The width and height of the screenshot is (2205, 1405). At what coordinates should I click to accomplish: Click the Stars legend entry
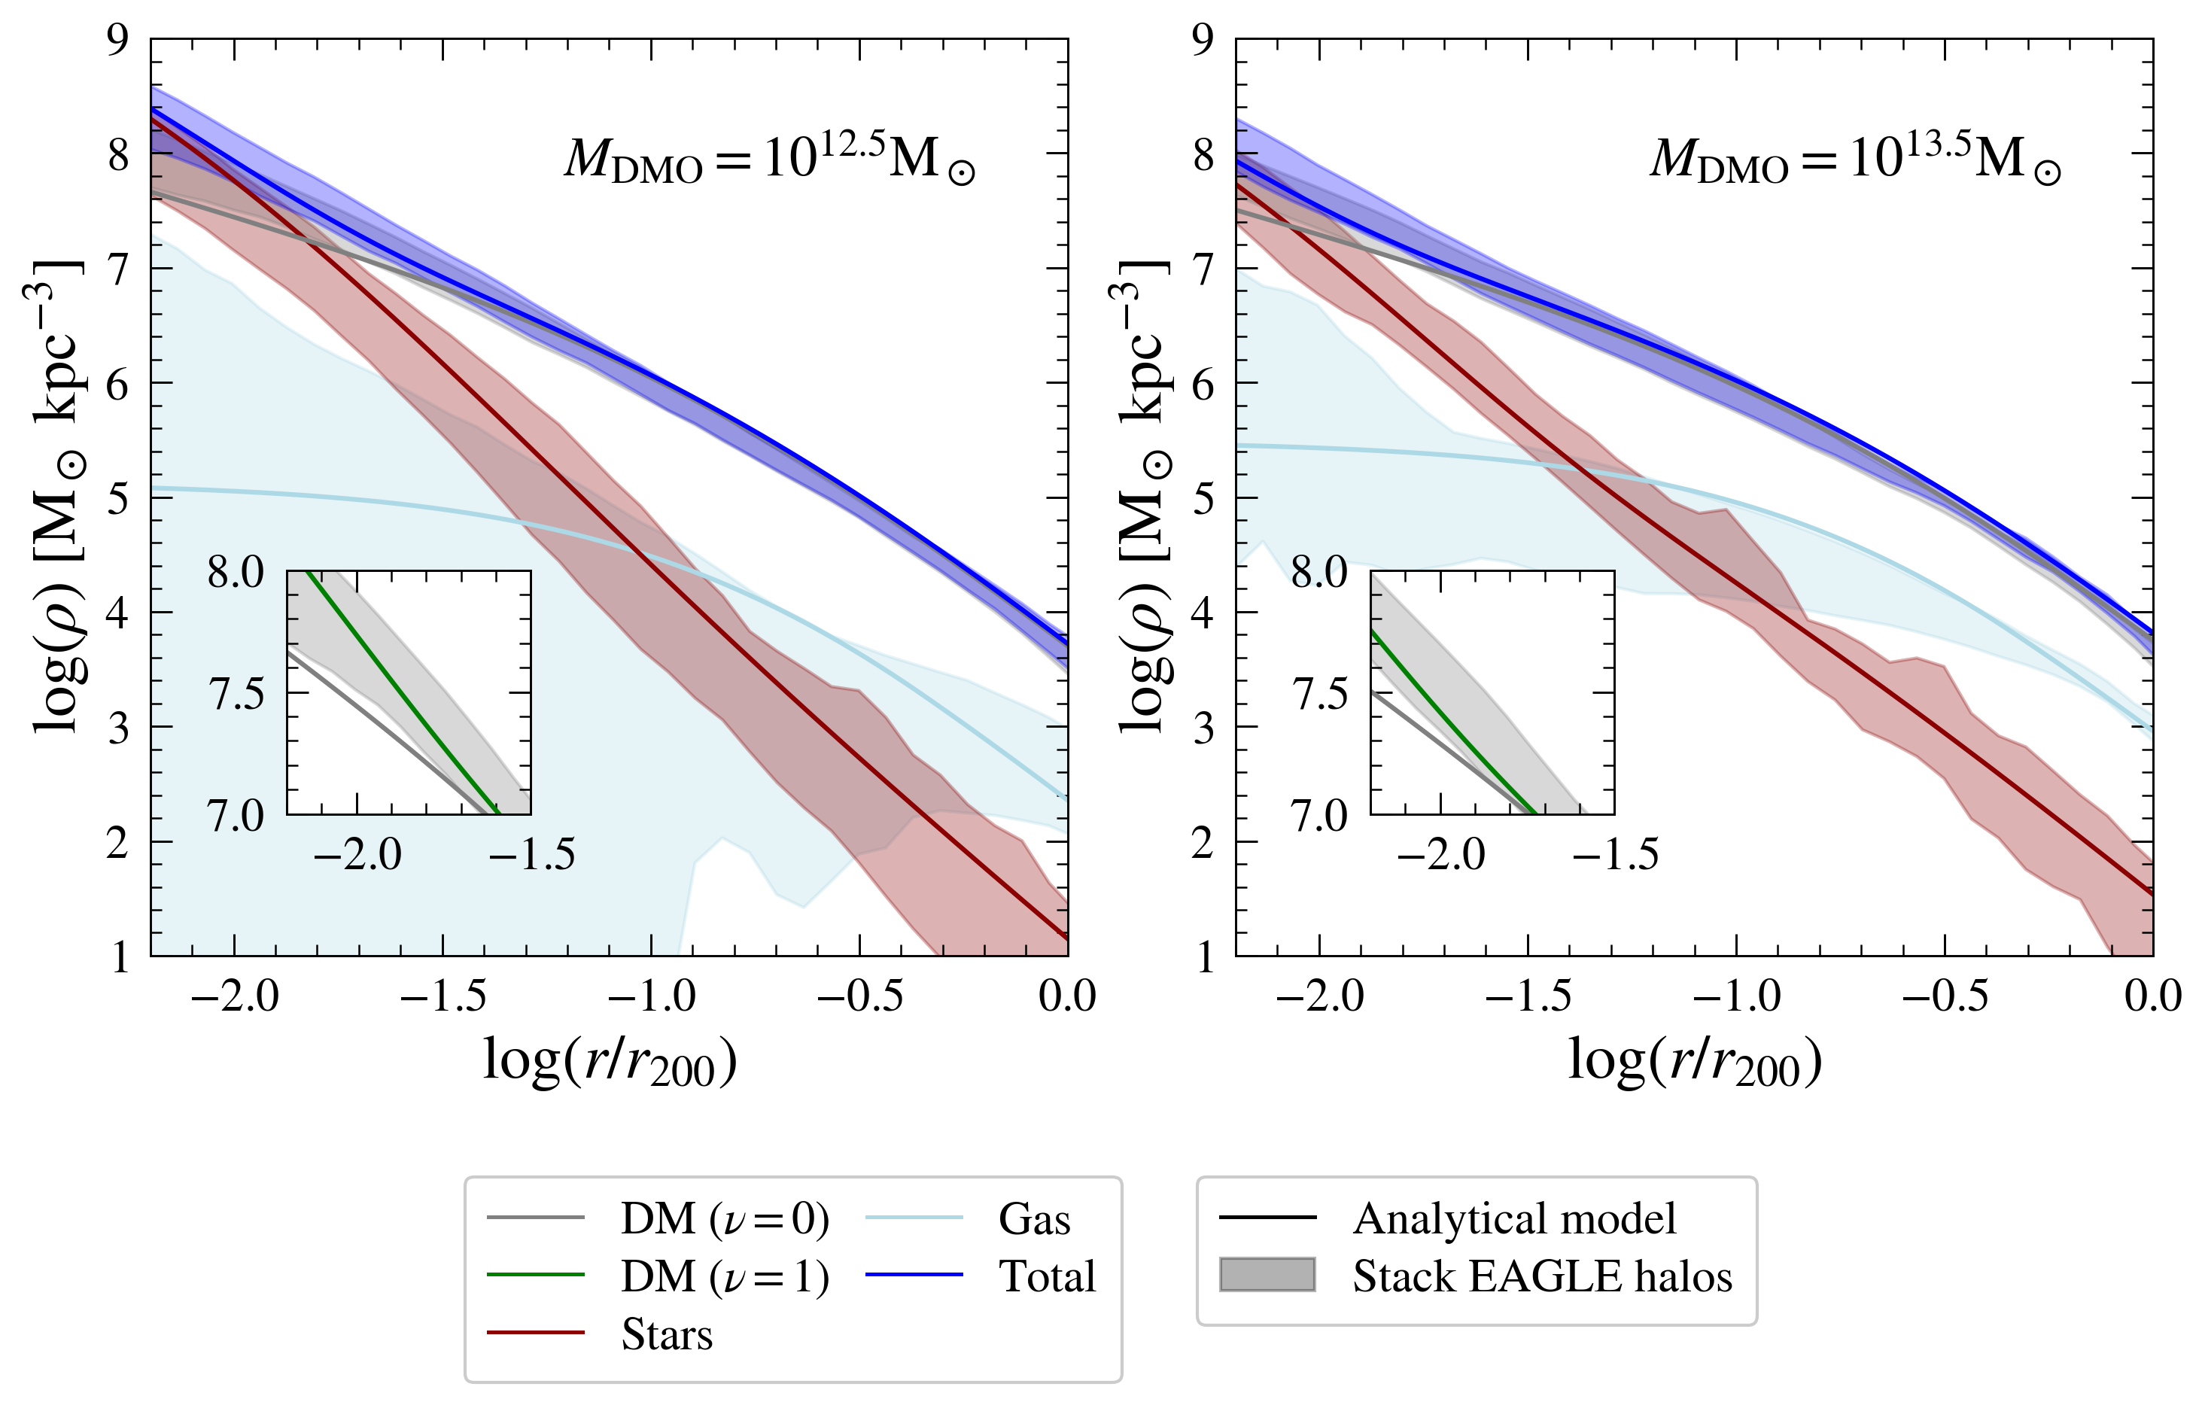pyautogui.click(x=666, y=1334)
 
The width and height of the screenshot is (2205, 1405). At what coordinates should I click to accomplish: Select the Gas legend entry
pyautogui.click(x=1034, y=1219)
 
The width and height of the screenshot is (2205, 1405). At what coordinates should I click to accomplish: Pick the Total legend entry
pyautogui.click(x=1047, y=1277)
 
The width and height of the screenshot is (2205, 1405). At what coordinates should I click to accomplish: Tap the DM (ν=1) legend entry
pyautogui.click(x=723, y=1277)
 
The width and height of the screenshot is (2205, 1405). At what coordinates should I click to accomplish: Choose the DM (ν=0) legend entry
pyautogui.click(x=723, y=1219)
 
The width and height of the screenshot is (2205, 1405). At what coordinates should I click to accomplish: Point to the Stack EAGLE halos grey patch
pyautogui.click(x=1267, y=1275)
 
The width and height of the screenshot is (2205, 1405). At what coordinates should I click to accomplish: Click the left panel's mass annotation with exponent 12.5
pyautogui.click(x=769, y=160)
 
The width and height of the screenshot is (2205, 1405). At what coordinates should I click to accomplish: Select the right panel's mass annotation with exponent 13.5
pyautogui.click(x=1855, y=160)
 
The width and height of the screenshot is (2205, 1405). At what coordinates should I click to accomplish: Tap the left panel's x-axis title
pyautogui.click(x=610, y=1063)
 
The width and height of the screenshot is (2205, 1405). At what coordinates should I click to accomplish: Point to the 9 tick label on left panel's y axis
pyautogui.click(x=118, y=41)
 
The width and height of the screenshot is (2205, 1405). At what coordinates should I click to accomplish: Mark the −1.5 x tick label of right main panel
pyautogui.click(x=1528, y=996)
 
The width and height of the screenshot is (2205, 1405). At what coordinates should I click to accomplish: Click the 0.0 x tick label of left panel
pyautogui.click(x=1067, y=996)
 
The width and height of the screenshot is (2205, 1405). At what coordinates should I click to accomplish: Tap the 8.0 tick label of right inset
pyautogui.click(x=1319, y=573)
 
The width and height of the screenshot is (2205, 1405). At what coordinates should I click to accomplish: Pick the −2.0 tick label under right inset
pyautogui.click(x=1441, y=856)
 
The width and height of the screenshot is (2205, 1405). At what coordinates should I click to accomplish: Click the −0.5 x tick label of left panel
pyautogui.click(x=859, y=996)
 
